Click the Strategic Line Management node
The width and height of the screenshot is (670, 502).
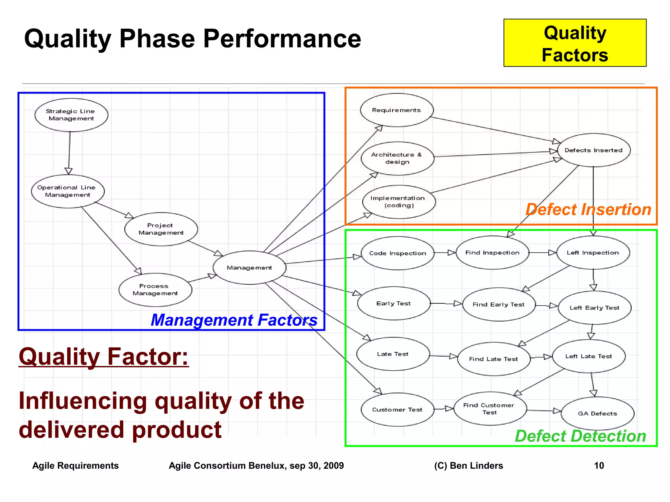(x=71, y=115)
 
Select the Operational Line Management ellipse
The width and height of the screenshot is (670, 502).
(x=68, y=191)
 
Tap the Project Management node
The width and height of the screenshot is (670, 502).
(x=161, y=229)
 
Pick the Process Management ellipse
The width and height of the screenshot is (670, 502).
(x=155, y=290)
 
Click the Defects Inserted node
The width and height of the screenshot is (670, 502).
(x=593, y=150)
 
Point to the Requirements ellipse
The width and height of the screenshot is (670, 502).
(x=397, y=110)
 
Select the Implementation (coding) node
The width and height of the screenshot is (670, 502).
(x=399, y=202)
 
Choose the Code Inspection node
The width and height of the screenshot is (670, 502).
(x=397, y=253)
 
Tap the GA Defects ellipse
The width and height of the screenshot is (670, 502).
(x=597, y=413)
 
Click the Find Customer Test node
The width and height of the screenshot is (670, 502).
(x=490, y=409)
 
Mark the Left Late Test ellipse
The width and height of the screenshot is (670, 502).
(x=589, y=356)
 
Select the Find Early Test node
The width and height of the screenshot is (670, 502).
(x=499, y=305)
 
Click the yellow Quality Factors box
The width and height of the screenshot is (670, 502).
(x=575, y=43)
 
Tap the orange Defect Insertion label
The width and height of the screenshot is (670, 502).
(x=588, y=209)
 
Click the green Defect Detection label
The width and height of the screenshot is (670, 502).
(x=580, y=436)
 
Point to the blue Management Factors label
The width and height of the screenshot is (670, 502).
(x=234, y=320)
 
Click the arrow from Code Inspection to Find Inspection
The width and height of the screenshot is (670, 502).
(x=445, y=253)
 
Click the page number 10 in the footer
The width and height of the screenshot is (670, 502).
(x=599, y=466)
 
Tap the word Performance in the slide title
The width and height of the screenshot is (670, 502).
(x=282, y=39)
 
